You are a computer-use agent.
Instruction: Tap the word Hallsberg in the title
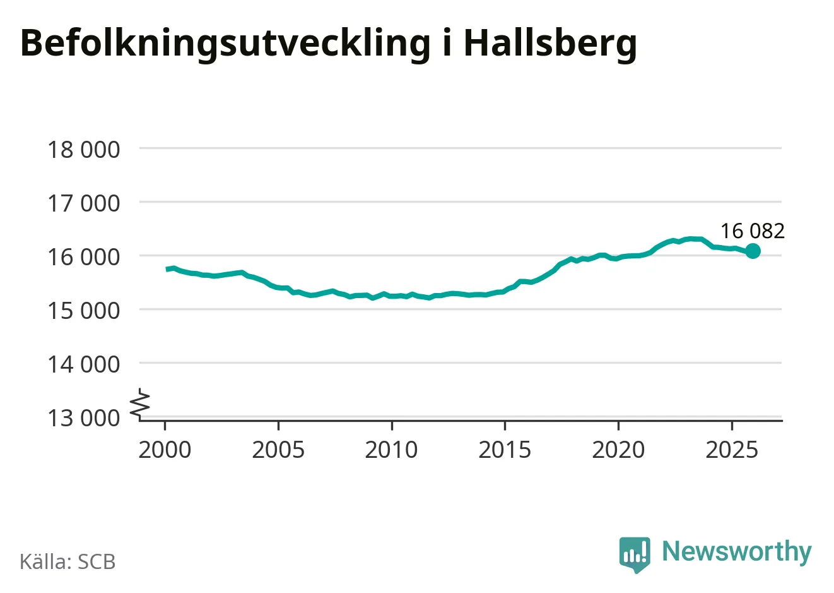[x=550, y=44]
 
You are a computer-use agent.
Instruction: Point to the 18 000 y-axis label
[x=83, y=150]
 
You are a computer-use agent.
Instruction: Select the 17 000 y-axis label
[x=83, y=203]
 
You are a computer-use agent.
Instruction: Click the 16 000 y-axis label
[x=83, y=257]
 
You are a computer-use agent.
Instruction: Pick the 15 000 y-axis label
[x=83, y=311]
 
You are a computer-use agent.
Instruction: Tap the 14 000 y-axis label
[x=83, y=364]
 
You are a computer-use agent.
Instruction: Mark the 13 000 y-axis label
[x=83, y=417]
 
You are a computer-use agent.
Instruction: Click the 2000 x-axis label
[x=165, y=450]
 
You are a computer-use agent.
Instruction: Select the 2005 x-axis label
[x=278, y=450]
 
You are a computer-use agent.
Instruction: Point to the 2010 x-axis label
[x=391, y=450]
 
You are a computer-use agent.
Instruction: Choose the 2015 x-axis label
[x=505, y=450]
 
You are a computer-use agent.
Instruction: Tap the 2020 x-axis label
[x=618, y=450]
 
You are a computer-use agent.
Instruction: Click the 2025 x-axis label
[x=732, y=450]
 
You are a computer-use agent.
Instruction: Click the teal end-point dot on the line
[x=753, y=251]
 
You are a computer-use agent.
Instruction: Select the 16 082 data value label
[x=753, y=231]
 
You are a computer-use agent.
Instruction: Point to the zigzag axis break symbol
[x=141, y=404]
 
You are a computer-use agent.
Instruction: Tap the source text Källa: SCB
[x=68, y=561]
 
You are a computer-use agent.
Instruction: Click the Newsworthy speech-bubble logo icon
[x=635, y=554]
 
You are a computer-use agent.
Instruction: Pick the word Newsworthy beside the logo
[x=736, y=551]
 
